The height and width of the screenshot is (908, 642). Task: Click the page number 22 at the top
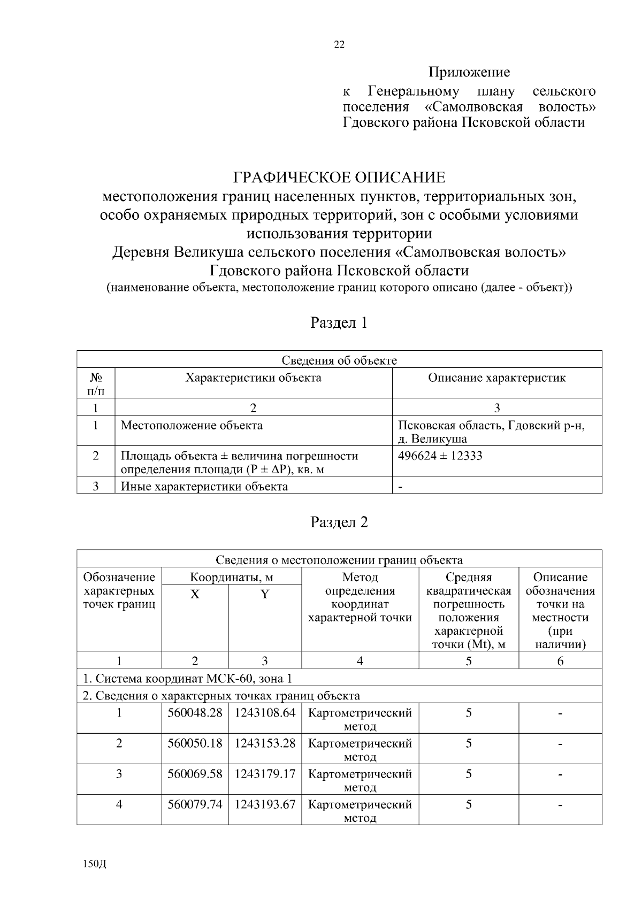339,45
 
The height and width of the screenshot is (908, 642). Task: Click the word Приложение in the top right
469,72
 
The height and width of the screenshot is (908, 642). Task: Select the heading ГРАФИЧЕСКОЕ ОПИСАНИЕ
339,177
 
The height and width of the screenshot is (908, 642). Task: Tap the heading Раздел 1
339,323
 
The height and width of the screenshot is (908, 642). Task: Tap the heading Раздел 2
339,522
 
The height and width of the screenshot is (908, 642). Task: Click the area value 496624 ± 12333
440,456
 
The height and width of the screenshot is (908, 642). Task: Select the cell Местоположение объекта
192,426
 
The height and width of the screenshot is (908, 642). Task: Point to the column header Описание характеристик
496,378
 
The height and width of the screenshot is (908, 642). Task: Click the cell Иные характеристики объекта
204,487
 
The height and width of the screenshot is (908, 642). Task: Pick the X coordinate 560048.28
195,713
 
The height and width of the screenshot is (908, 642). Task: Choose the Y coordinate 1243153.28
265,743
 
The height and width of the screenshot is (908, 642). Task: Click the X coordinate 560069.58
195,774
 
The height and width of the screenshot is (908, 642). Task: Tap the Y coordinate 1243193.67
265,804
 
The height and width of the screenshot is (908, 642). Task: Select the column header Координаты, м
232,578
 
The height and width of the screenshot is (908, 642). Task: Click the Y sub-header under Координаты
265,595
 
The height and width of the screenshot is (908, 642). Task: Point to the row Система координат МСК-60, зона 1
187,679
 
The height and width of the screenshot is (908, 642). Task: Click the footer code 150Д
95,865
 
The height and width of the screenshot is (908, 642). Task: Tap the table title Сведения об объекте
339,360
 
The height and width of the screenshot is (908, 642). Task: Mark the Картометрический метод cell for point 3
360,780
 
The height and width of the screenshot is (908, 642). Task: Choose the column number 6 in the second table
560,661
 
